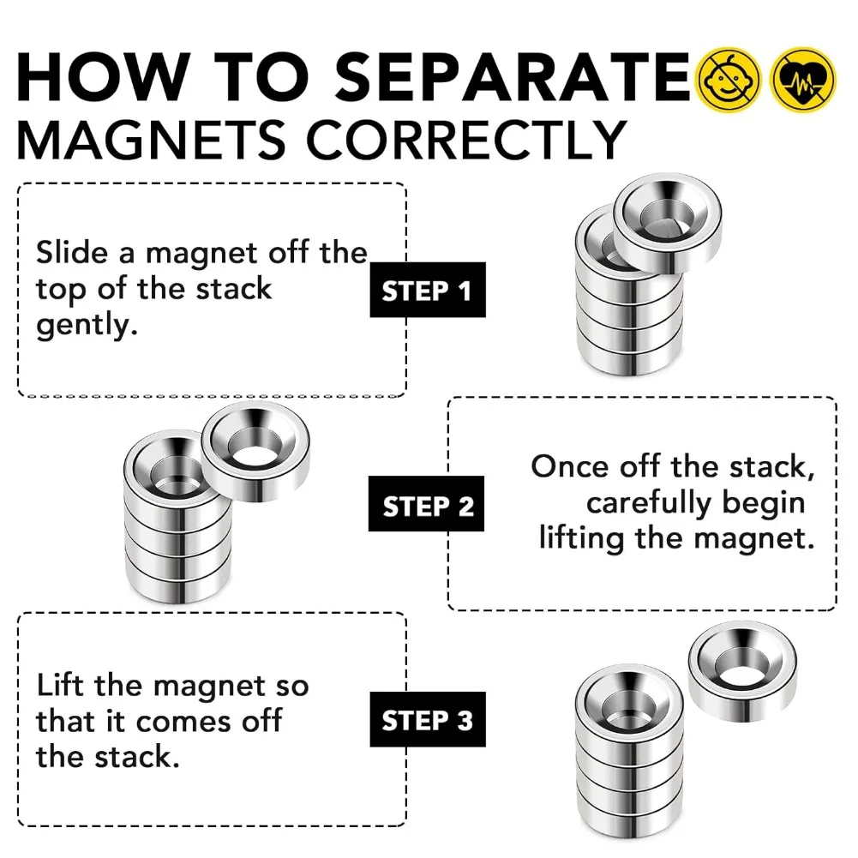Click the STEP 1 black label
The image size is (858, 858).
pyautogui.click(x=427, y=291)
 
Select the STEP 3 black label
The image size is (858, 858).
pyautogui.click(x=427, y=720)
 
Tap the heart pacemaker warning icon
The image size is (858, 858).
pyautogui.click(x=802, y=80)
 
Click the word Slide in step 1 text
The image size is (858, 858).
pyautogui.click(x=83, y=253)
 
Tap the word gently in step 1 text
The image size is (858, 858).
pyautogui.click(x=87, y=327)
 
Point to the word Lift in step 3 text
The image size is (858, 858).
pyautogui.click(x=61, y=685)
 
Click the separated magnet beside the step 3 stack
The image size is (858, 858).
pyautogui.click(x=742, y=674)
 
